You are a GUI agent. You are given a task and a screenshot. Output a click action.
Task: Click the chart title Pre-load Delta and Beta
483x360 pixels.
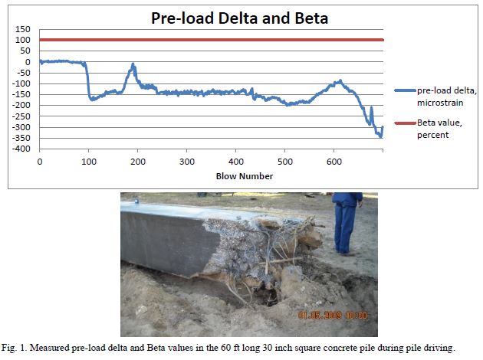tap(212, 18)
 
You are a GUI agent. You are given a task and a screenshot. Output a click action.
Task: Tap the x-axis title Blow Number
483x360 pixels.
tap(211, 176)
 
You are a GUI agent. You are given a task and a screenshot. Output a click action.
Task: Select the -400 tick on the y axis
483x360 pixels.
tap(25, 149)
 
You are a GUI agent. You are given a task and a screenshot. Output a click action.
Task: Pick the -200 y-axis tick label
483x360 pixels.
tap(25, 105)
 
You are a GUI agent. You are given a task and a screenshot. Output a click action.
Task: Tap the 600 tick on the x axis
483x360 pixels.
tap(333, 162)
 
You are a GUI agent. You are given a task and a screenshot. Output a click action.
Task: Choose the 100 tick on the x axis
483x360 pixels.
tap(89, 162)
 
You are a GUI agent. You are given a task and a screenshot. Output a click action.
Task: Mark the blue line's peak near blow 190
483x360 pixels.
tap(133, 65)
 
